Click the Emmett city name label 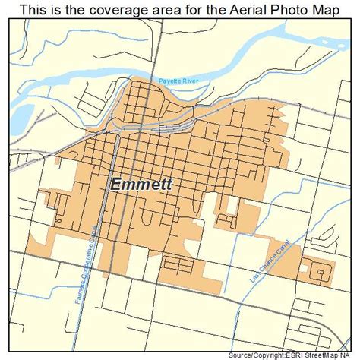click(141, 185)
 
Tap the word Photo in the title click(279, 9)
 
